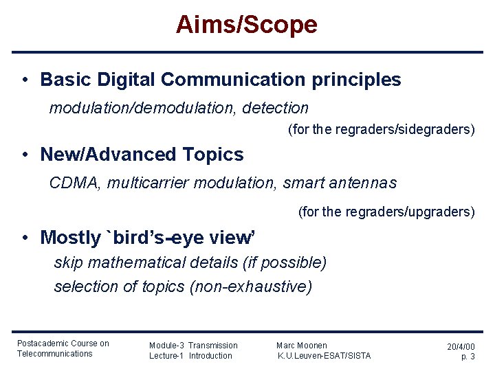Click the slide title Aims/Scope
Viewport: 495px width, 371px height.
246,25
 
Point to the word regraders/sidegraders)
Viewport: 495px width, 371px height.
404,129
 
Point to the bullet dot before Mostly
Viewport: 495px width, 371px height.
24,238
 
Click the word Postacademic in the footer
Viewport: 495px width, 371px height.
43,344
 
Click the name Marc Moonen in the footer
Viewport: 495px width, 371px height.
302,346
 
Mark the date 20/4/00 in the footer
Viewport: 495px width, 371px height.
461,348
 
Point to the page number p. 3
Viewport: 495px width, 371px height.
467,357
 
